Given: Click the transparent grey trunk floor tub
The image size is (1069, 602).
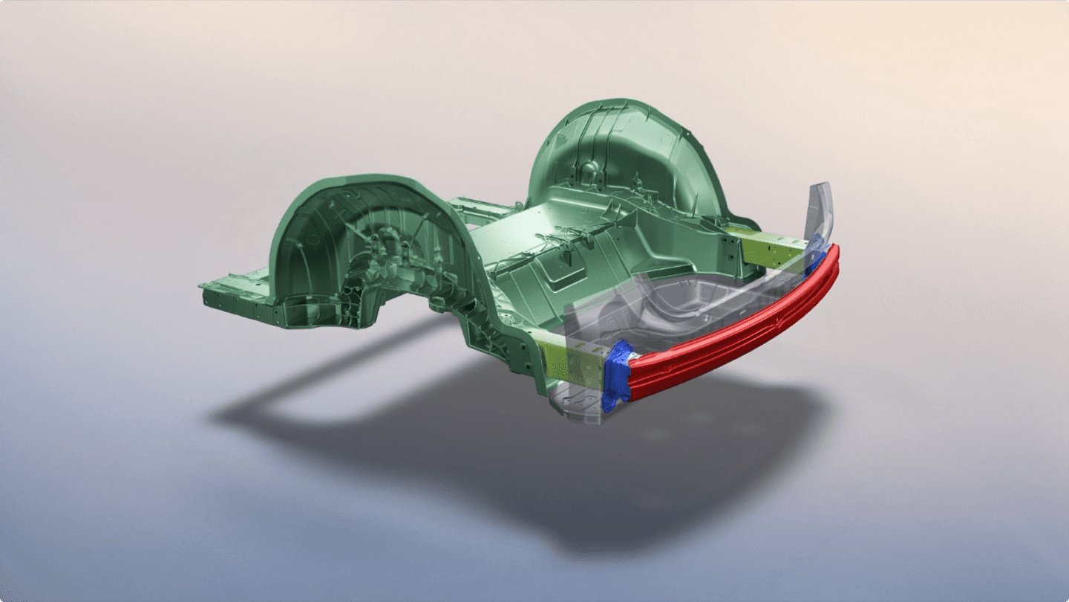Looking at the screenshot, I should pyautogui.click(x=668, y=312).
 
